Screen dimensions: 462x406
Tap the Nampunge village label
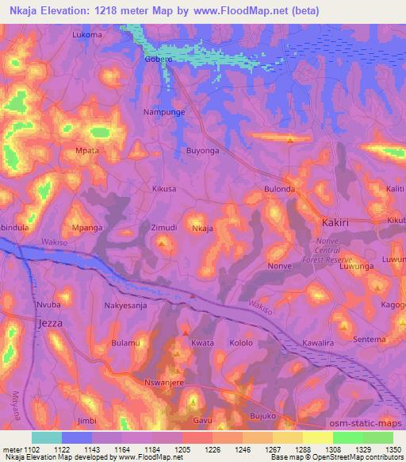pos(163,114)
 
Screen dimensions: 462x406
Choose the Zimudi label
pos(163,228)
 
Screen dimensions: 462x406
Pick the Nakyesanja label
pos(126,305)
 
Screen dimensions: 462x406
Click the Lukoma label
pos(87,36)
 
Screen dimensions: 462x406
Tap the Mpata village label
pos(86,150)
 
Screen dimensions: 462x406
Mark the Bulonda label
pos(280,190)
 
